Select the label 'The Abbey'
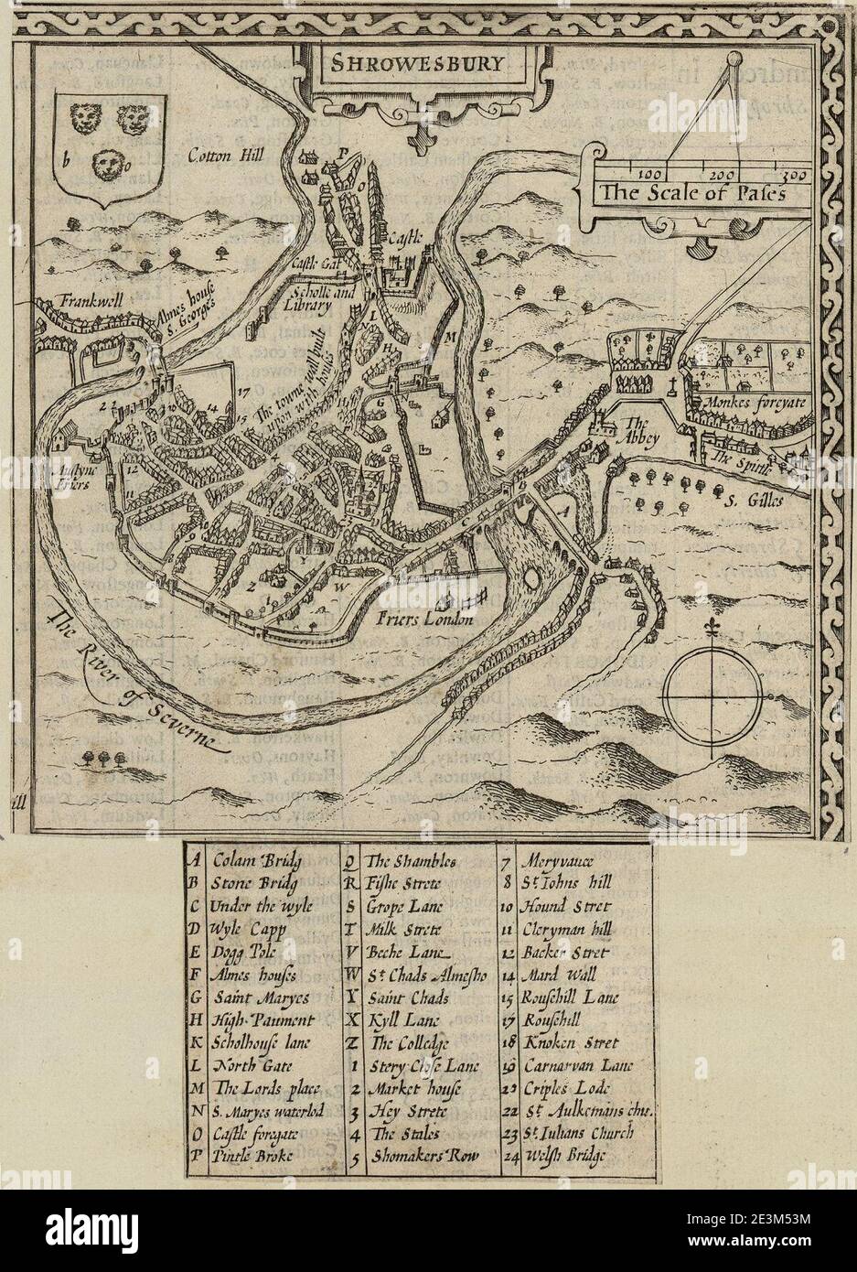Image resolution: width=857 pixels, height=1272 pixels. pos(634,430)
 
